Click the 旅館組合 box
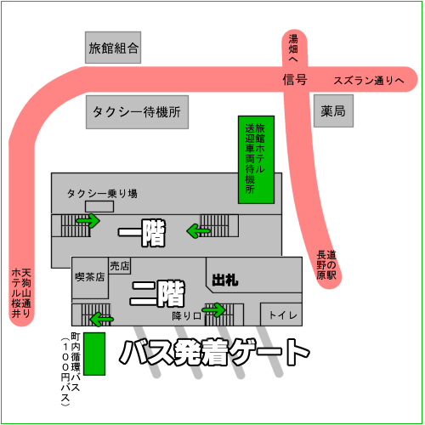113,48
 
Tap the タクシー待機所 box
137,112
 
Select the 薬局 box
333,110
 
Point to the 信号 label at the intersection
295,80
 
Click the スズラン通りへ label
369,81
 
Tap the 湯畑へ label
293,48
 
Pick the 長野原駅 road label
326,265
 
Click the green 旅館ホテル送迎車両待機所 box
256,160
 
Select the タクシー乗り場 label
102,194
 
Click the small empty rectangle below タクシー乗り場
99,207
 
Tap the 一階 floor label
142,233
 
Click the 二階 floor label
157,294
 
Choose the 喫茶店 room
90,278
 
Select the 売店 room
120,266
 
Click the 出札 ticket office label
225,280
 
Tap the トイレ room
281,314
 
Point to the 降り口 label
186,316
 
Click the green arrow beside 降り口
214,309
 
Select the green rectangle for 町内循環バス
94,354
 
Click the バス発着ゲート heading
214,353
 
